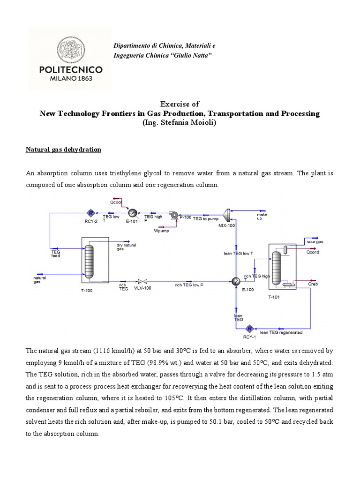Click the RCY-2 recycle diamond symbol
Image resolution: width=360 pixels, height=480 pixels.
[92, 212]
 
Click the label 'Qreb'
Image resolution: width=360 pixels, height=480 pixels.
[312, 284]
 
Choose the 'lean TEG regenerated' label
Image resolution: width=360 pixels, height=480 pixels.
[281, 332]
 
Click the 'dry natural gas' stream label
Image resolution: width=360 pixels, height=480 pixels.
[126, 247]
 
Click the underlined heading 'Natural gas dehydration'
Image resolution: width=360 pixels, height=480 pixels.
[64, 150]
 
